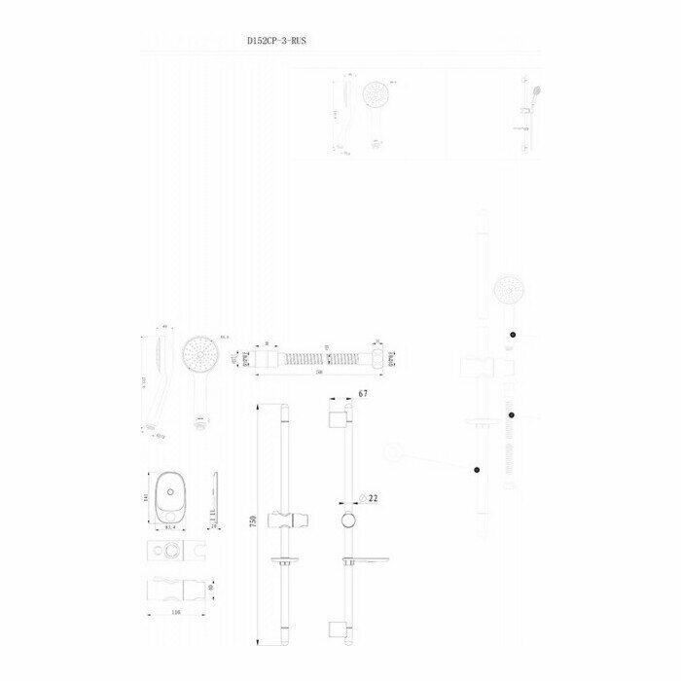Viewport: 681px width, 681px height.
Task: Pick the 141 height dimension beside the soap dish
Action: tap(145, 495)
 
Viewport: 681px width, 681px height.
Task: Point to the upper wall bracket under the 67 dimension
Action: tap(338, 419)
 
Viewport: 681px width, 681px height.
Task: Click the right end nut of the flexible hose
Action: tap(383, 357)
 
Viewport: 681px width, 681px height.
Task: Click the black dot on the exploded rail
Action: tap(477, 470)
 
